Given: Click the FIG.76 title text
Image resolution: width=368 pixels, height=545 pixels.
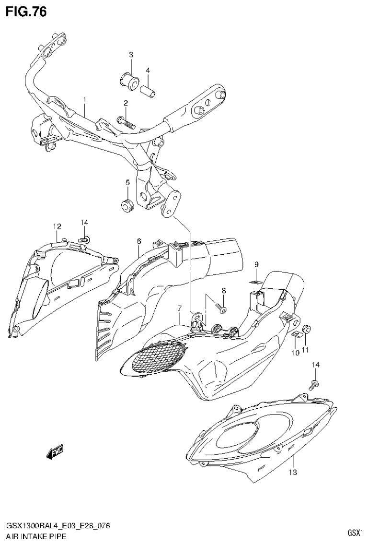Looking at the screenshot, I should [x=26, y=12].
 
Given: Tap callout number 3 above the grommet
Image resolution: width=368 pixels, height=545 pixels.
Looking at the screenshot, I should [x=131, y=55].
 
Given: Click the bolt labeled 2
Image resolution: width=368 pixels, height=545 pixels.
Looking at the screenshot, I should [x=126, y=121].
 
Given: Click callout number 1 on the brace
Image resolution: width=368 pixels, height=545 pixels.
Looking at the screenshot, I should [x=84, y=100].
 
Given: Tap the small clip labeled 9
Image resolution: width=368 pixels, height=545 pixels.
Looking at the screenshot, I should [x=257, y=281].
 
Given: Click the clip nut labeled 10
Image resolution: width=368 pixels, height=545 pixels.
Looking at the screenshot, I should [x=297, y=335].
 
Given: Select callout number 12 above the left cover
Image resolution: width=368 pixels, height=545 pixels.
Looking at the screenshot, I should [x=57, y=226].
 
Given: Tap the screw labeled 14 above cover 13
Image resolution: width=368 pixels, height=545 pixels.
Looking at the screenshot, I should [x=314, y=383].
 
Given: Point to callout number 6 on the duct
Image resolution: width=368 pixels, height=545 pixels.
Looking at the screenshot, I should [x=139, y=241].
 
